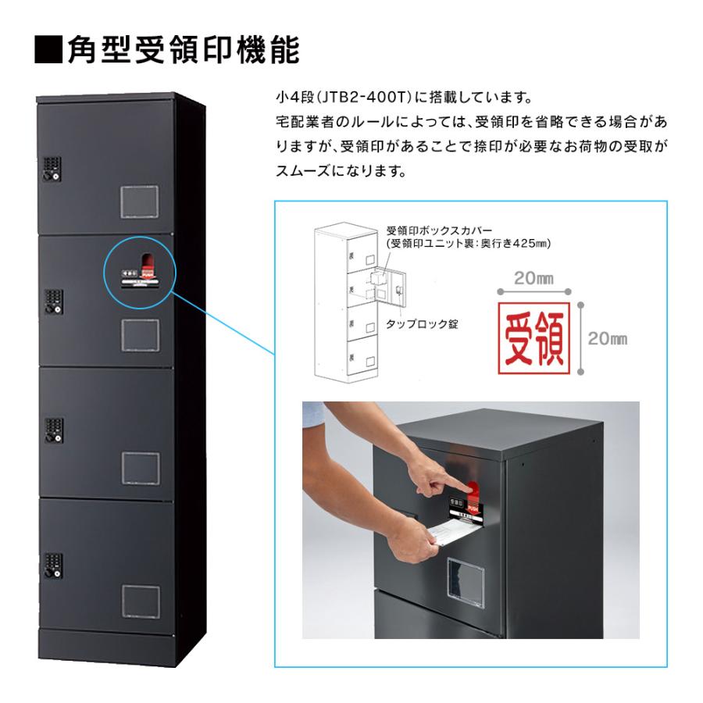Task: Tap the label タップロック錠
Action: [x=423, y=322]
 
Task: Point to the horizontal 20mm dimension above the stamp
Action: [x=535, y=279]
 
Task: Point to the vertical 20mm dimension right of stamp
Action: [x=607, y=338]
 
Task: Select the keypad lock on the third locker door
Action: [x=52, y=434]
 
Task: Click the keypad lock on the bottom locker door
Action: [x=52, y=566]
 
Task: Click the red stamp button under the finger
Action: [x=473, y=493]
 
